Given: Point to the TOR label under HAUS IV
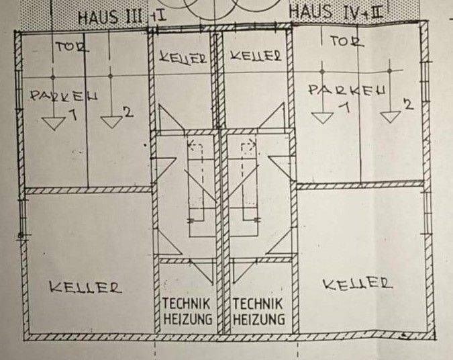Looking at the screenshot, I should pyautogui.click(x=348, y=41).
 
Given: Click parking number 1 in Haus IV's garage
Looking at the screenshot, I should pyautogui.click(x=344, y=107).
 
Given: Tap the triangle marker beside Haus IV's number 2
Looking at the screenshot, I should pyautogui.click(x=390, y=116).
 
